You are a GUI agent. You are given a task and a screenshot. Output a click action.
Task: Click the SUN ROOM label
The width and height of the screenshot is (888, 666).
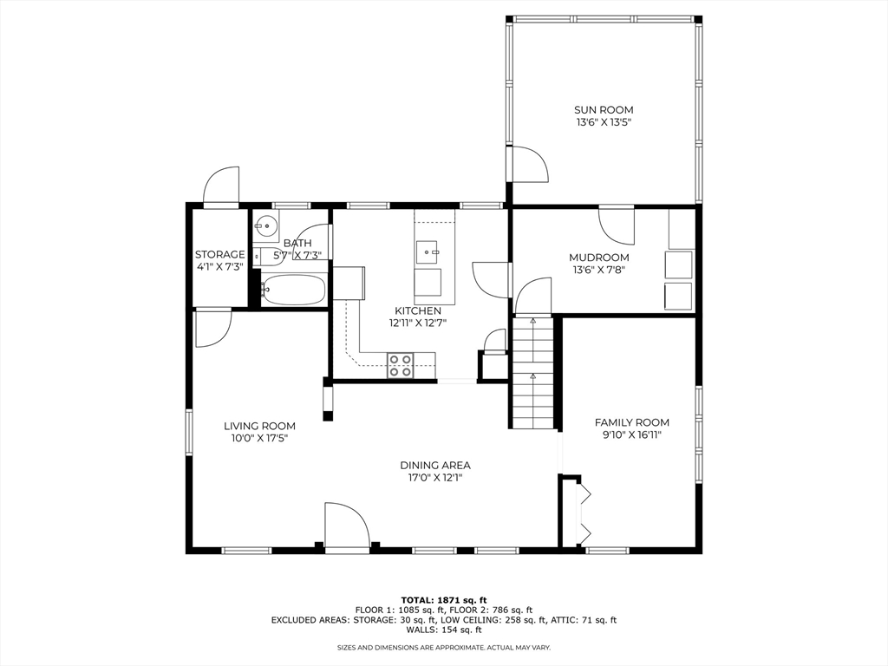coord(604,110)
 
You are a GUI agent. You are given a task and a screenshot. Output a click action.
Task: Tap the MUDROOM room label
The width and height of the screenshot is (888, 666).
coord(599,258)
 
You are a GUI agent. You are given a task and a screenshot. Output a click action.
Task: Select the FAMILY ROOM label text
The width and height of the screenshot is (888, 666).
coord(632,422)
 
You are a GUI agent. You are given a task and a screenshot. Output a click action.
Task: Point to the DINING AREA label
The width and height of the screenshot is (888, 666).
coord(435,466)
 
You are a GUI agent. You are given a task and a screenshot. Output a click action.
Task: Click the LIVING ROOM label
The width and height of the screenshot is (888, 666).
coord(259,426)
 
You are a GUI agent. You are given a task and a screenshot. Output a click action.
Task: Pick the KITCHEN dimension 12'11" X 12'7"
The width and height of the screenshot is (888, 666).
coord(418,323)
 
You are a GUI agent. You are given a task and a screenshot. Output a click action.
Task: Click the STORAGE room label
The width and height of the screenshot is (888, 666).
coord(219,254)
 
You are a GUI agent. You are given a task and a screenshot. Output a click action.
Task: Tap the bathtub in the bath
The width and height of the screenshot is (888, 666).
coord(293,290)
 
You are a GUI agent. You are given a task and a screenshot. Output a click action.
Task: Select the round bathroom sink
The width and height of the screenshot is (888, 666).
coord(265,226)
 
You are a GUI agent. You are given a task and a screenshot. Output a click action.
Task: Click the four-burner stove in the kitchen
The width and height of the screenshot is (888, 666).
coord(401,365)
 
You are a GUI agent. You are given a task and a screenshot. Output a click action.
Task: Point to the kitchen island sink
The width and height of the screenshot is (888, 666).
coord(427,252)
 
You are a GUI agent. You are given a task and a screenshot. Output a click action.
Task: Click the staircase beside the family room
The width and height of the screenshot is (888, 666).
coord(532,372)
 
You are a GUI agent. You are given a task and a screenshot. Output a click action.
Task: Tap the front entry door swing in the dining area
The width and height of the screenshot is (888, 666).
coord(347,525)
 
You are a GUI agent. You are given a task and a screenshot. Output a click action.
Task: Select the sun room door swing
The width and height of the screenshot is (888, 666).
coord(531,164)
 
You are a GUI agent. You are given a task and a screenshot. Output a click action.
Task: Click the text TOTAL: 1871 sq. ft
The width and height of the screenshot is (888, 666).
coord(443,600)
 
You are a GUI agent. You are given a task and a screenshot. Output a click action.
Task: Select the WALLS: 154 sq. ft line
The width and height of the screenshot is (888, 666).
coord(443,630)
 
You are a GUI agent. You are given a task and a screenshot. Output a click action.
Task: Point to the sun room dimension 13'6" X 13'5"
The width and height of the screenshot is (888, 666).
coord(604,122)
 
